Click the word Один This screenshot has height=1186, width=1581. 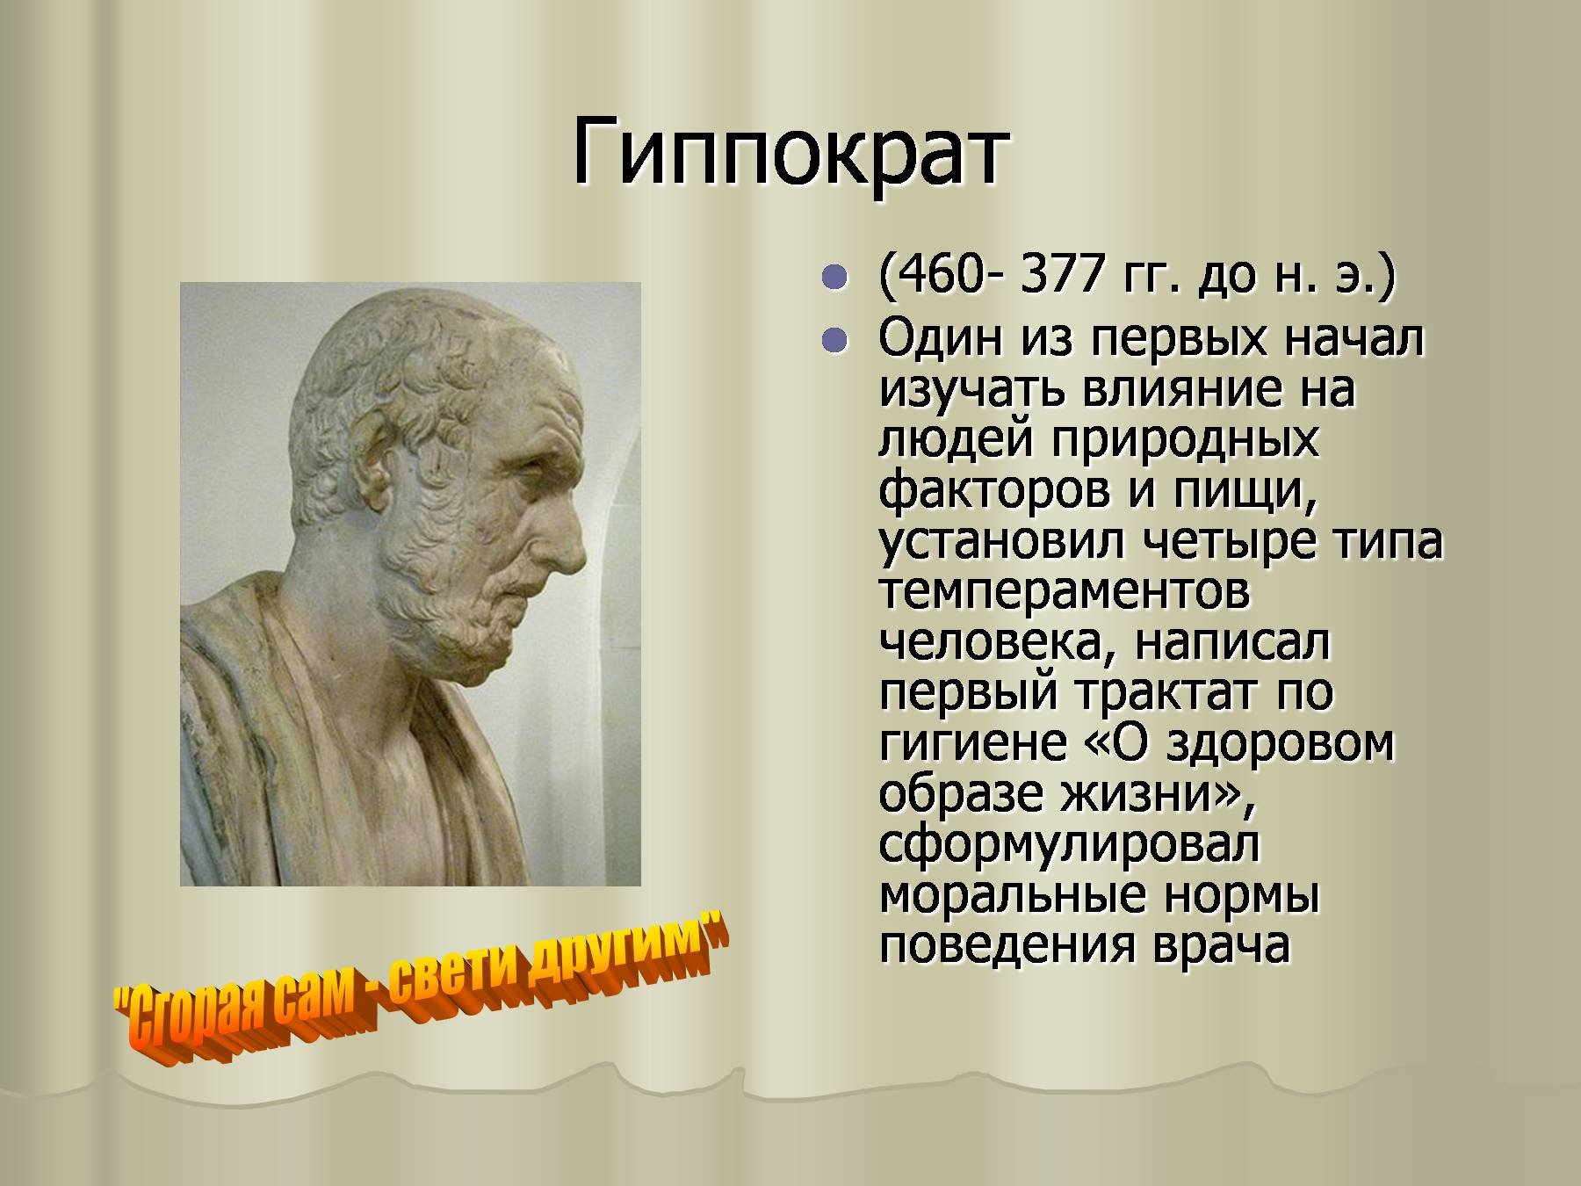[x=941, y=337]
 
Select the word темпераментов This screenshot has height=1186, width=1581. [x=1064, y=591]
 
